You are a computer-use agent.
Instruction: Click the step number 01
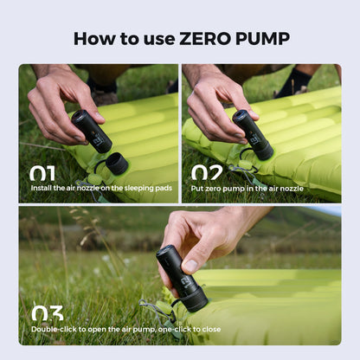click(x=42, y=173)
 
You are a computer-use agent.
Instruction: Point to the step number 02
click(x=205, y=173)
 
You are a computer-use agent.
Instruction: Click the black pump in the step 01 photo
click(x=91, y=131)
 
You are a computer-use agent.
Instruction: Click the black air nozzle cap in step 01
click(x=114, y=163)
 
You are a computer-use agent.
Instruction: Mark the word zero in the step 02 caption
click(x=219, y=188)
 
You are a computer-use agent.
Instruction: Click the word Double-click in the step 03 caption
click(x=59, y=329)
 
